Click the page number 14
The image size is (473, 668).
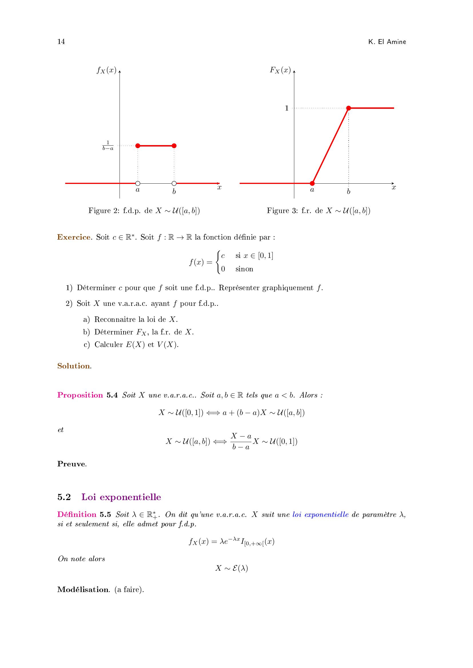61,42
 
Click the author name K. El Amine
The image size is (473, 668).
387,42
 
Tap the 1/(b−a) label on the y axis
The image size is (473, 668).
108,145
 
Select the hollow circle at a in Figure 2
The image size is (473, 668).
138,183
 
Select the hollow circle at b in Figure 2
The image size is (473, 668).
174,183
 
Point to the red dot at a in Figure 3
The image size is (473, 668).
312,183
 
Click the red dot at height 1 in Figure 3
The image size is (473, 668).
349,108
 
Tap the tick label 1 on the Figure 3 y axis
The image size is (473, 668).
287,108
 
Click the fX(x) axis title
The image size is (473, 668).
107,71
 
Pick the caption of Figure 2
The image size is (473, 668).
144,211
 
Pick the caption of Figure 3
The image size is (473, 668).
318,211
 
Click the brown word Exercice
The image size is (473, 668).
74,237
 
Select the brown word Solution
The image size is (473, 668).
74,366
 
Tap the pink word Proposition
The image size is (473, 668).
80,395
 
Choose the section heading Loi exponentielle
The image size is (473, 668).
121,497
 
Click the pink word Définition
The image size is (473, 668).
77,514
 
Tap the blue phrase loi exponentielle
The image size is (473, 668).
320,514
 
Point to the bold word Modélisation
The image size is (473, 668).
83,590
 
